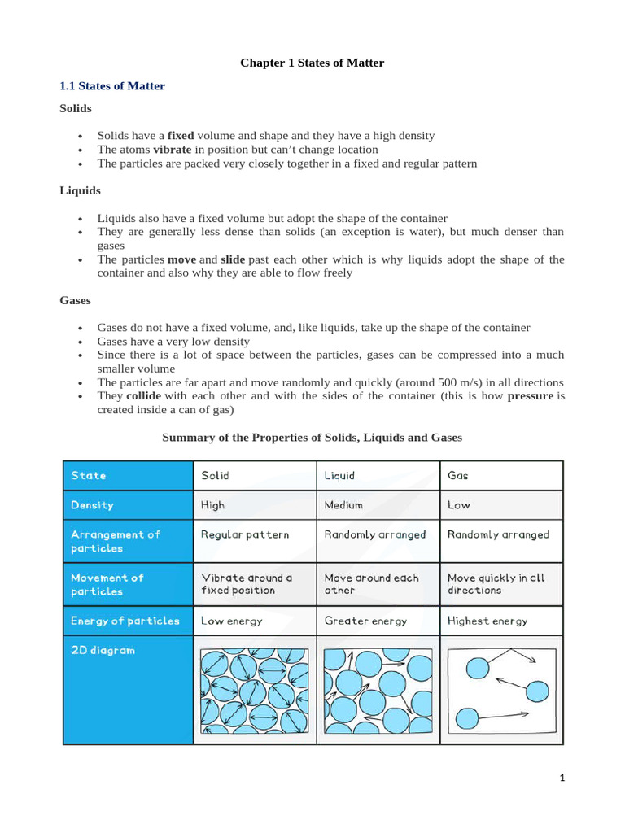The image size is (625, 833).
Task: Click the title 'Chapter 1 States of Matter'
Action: (312, 63)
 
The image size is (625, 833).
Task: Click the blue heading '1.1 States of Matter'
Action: (112, 85)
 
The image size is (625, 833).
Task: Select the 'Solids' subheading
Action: (76, 108)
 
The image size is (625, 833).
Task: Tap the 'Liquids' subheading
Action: (80, 190)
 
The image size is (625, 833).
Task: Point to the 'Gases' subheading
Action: (76, 300)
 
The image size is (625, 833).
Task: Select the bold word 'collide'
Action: (144, 396)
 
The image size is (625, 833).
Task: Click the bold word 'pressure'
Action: (531, 396)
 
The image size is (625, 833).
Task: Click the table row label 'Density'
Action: (93, 505)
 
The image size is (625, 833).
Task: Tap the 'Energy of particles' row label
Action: (125, 621)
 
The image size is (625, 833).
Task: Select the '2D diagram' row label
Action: (103, 651)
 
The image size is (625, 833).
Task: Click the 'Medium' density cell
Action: (343, 505)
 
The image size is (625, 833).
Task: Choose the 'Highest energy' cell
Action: (487, 621)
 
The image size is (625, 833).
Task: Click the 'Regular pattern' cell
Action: (245, 534)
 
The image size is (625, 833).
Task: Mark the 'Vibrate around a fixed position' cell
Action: (247, 583)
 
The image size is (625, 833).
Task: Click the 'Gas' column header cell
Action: (458, 476)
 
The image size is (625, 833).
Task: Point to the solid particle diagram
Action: (254, 689)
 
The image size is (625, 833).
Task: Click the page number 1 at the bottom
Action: (562, 778)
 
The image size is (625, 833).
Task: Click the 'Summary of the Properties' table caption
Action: (312, 438)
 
